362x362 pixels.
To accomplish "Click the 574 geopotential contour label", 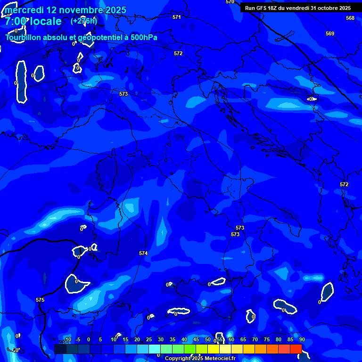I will tap(143, 253).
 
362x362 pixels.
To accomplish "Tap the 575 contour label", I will tap(40, 300).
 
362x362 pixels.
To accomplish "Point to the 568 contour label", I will tap(350, 18).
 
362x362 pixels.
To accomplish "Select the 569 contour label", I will tap(330, 33).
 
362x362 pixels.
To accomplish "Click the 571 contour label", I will tap(177, 17).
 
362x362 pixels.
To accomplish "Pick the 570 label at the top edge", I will tap(230, 2).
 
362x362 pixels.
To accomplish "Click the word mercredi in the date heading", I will tap(26, 10).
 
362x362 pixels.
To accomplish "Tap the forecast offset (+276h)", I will tap(84, 21).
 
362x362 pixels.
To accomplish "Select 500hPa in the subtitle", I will tap(141, 37).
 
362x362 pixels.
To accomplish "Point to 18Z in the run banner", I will tap(273, 8).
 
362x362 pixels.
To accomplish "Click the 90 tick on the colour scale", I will tap(302, 339).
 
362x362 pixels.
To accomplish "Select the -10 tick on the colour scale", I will tap(67, 339).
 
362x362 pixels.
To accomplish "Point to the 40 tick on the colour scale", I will tap(184, 339).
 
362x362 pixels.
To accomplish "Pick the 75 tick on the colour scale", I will tap(266, 339).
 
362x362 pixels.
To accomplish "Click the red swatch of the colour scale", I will tap(296, 349).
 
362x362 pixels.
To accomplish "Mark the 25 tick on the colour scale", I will tap(149, 339).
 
